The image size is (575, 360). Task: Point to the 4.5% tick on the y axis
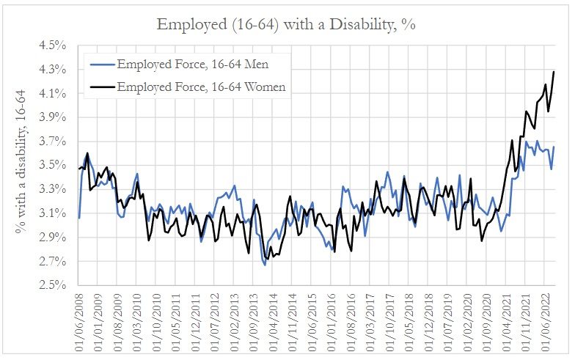(x=52, y=45)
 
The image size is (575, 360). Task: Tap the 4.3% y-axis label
(x=52, y=70)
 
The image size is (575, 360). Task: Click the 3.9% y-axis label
(x=52, y=117)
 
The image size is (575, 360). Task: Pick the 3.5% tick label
(x=52, y=166)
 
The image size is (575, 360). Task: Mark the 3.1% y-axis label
(x=52, y=213)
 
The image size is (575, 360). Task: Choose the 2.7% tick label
(x=52, y=262)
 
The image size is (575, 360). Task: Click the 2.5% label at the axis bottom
(x=52, y=285)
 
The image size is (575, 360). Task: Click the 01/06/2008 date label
(x=79, y=322)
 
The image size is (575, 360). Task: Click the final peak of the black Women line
(x=554, y=71)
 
